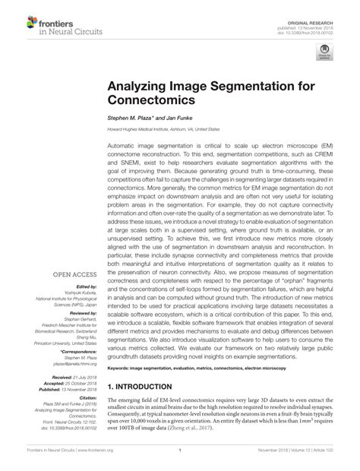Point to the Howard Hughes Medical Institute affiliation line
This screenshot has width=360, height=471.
click(x=173, y=129)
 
